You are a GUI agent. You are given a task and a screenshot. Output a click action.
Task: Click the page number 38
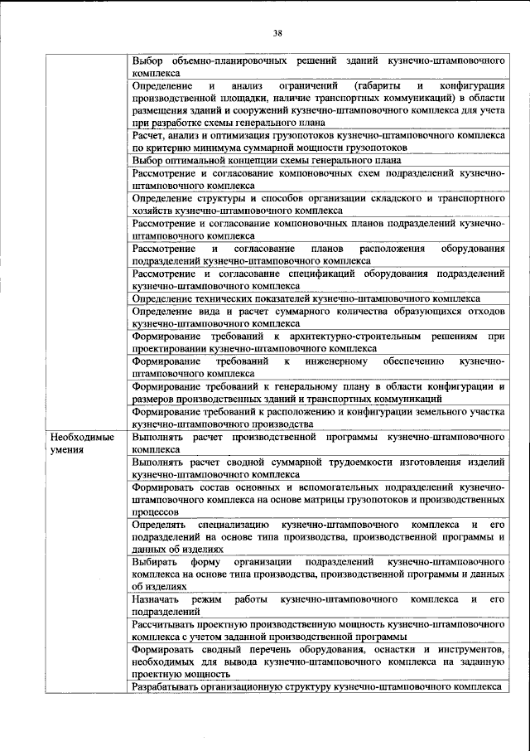(x=277, y=33)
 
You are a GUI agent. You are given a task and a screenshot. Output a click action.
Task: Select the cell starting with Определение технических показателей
(x=318, y=298)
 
